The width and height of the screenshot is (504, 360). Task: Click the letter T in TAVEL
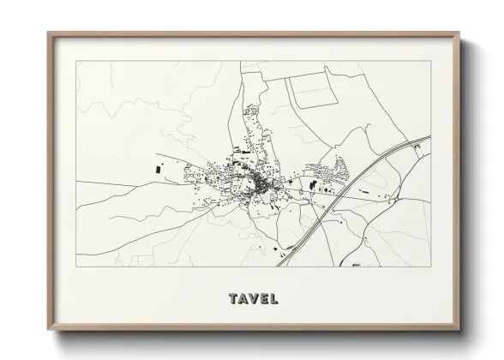233,299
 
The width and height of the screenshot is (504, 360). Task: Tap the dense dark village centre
257,183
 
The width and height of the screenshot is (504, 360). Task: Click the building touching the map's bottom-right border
356,265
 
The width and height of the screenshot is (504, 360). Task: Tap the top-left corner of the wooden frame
48,33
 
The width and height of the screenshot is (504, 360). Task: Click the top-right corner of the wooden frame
459,33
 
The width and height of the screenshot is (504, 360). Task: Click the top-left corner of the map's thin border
75,62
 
